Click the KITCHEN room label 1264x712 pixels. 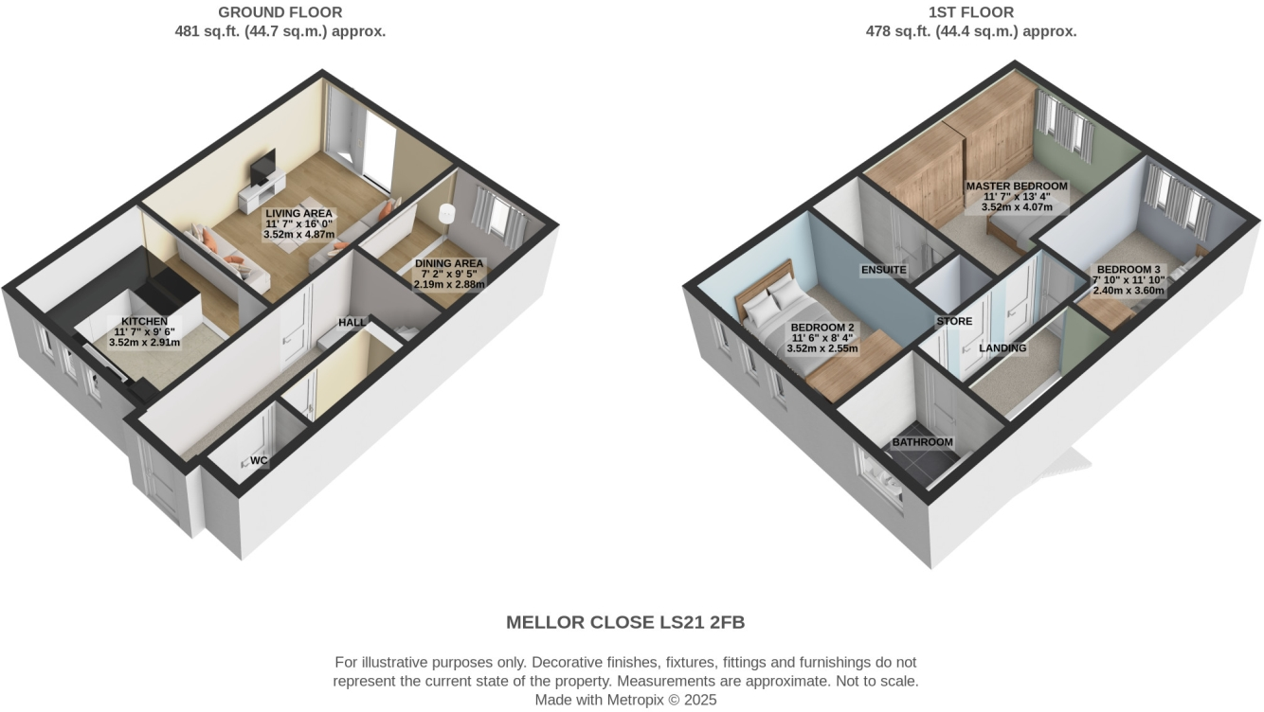143,322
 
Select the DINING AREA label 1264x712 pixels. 449,263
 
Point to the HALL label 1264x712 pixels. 352,323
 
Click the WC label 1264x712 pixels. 257,461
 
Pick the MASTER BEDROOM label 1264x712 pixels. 1016,187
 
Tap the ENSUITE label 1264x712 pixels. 883,270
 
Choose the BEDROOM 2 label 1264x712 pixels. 822,328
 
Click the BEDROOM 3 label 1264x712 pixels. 1129,270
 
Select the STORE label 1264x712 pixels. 954,321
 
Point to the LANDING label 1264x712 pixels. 1002,347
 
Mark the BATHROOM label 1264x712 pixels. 922,442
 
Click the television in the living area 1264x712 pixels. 262,169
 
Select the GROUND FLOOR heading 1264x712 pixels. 280,12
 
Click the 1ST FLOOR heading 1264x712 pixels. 971,12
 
